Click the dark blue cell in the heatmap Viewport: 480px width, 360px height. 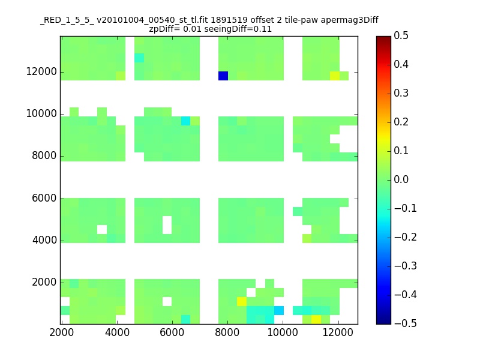click(x=223, y=76)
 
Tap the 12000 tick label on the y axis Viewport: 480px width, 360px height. click(x=41, y=71)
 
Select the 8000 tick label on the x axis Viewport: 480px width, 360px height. click(x=227, y=332)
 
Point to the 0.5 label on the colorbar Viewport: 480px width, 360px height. click(x=401, y=35)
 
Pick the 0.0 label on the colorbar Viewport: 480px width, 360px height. click(x=401, y=179)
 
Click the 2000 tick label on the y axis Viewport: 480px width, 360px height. click(x=44, y=282)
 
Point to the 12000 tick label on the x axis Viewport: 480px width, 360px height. click(x=338, y=332)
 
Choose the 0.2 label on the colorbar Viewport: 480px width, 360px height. click(x=401, y=122)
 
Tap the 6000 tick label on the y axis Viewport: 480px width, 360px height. click(x=44, y=198)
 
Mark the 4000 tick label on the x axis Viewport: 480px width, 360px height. click(x=117, y=332)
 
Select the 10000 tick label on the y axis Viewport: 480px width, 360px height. click(x=41, y=113)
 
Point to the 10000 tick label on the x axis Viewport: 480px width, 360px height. click(x=283, y=332)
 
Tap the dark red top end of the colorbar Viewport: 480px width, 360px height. click(x=383, y=38)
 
